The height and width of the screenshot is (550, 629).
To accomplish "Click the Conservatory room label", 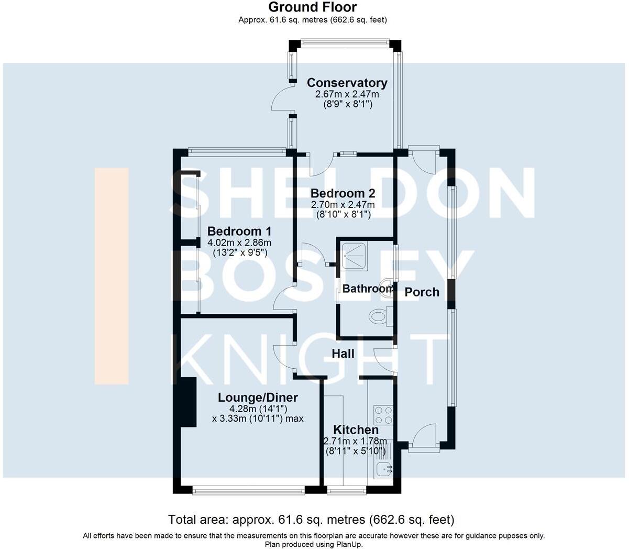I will click(347, 83).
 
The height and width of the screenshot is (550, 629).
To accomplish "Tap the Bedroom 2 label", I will click(343, 193).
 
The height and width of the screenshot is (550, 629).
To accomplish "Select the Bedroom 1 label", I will click(239, 231).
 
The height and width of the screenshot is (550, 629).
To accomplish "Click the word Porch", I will click(422, 292).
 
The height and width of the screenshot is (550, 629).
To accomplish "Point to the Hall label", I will click(343, 354).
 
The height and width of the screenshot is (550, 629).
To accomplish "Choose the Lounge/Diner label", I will click(258, 398).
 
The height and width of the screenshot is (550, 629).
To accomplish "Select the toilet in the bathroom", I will click(378, 316).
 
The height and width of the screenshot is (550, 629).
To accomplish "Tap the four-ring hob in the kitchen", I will click(383, 415).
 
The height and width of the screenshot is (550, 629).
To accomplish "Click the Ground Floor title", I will click(312, 7).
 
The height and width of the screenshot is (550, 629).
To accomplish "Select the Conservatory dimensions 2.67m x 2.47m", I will click(347, 95).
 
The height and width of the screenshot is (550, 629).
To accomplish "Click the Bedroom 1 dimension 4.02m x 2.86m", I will click(239, 243).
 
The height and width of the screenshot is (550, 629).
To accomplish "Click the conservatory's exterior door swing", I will click(281, 100).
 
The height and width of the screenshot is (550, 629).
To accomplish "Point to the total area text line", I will click(311, 520).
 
